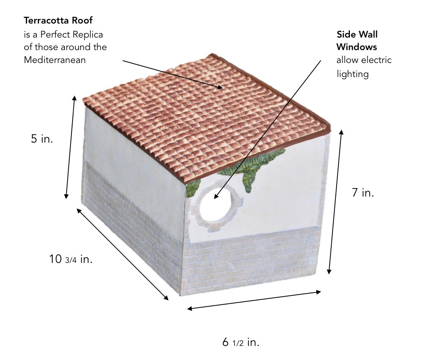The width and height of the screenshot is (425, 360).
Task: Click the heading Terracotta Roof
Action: pos(58,20)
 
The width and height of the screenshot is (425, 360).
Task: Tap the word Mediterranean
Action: pos(55,60)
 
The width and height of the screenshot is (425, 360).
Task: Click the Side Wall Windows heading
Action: pos(357,41)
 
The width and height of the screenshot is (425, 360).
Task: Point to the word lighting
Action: pos(353,74)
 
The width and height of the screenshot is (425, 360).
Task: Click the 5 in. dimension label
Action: pos(42,139)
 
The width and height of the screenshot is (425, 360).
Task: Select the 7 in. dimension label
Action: pos(362,193)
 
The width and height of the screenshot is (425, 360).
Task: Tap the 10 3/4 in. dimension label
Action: pos(71,259)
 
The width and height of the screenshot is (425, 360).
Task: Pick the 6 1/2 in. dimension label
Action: pos(241,343)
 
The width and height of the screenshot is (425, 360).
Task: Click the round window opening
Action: pos(215,206)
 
